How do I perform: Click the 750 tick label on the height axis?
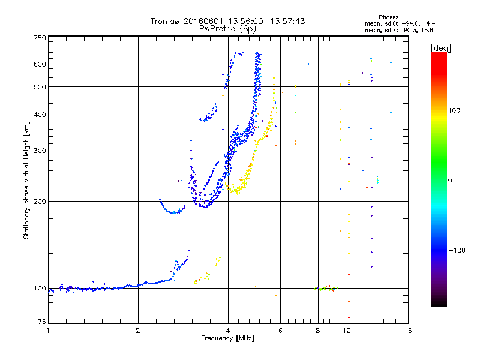point(40,38)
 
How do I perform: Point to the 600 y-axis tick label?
point(40,64)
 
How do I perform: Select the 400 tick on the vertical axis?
point(40,115)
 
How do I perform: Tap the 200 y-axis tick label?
point(40,201)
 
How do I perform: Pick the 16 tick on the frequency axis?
point(407,331)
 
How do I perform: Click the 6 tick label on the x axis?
point(281,331)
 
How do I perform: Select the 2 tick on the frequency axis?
point(138,331)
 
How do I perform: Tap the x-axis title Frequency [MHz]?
point(228,338)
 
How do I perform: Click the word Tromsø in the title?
point(164,21)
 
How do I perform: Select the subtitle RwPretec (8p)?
point(228,28)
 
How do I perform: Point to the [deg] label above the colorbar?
point(440,47)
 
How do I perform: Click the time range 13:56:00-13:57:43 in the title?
point(262,21)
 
